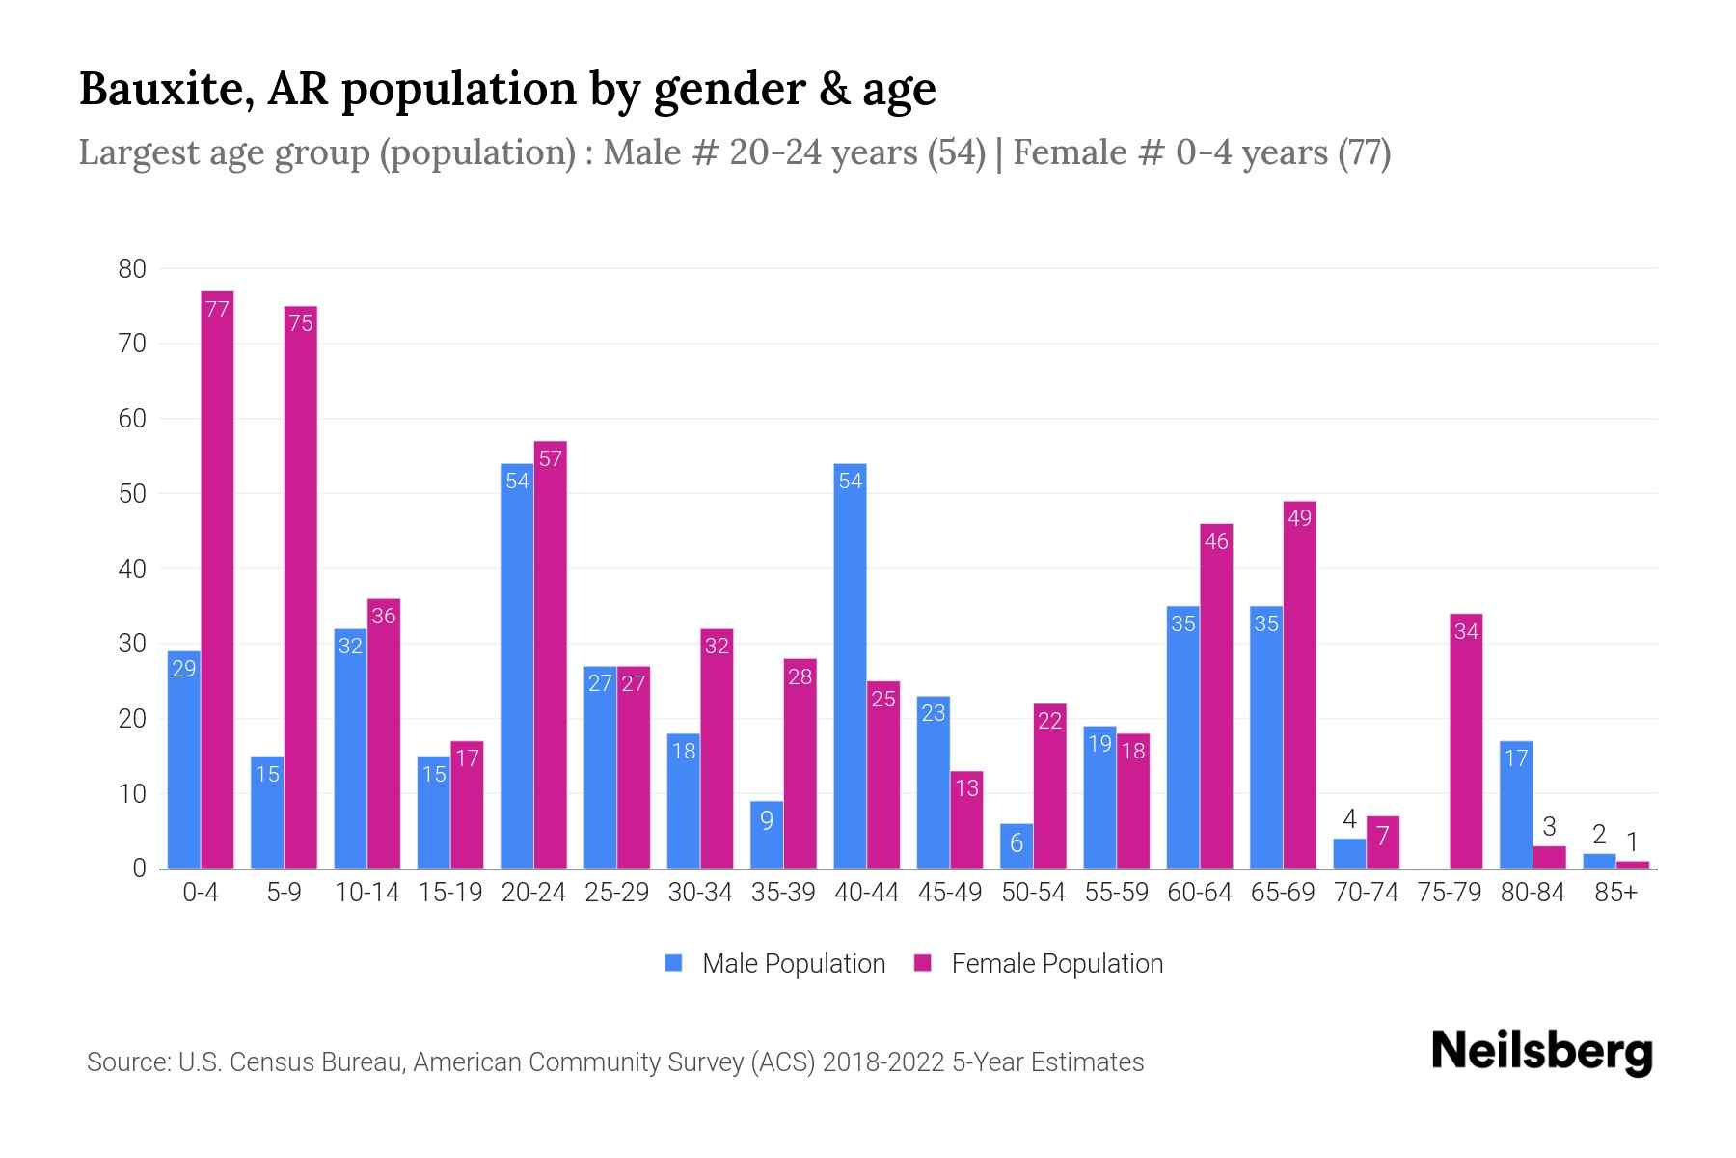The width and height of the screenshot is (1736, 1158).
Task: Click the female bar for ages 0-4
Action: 217,579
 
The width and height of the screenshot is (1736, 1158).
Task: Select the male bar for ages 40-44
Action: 850,666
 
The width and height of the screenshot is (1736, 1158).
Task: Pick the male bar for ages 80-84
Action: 1516,805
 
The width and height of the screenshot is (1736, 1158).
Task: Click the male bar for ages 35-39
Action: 767,835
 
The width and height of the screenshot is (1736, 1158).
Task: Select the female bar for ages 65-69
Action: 1299,685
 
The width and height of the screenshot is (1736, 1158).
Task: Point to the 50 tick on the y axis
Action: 132,494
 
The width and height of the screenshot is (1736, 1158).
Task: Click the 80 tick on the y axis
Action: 132,269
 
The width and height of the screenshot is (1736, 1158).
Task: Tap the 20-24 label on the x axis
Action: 533,893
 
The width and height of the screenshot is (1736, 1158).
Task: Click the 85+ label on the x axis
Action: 1615,893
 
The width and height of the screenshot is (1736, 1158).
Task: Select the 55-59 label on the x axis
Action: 1116,893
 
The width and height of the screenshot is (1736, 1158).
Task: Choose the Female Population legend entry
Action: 1039,963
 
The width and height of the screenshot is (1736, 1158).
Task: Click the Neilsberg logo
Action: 1541,1052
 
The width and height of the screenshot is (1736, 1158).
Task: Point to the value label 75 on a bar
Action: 301,323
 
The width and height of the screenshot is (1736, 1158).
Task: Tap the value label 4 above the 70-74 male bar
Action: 1349,819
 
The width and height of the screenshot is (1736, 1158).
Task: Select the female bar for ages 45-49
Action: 966,820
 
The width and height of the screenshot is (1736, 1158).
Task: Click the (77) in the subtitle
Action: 1363,152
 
